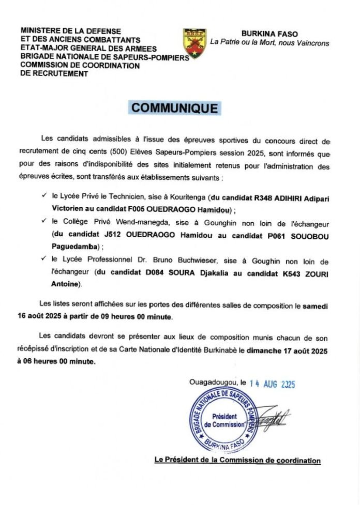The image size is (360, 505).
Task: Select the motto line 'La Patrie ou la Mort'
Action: click(269, 43)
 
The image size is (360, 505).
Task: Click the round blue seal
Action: click(224, 420)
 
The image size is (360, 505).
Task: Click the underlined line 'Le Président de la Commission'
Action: click(237, 460)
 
